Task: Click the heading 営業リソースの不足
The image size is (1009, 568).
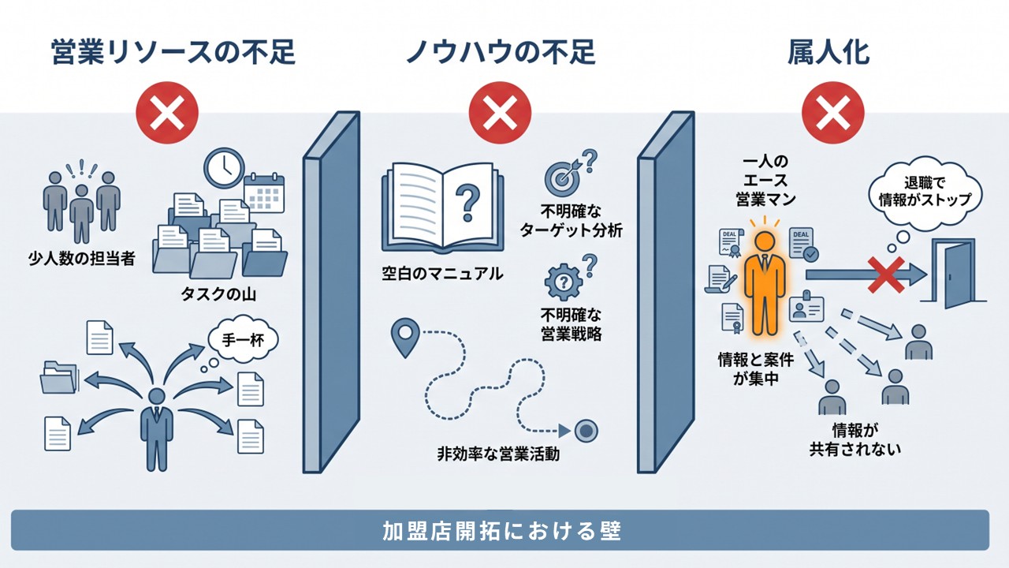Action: (x=173, y=52)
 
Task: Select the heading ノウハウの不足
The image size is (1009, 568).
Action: (x=501, y=52)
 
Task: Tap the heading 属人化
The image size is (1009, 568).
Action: (x=828, y=52)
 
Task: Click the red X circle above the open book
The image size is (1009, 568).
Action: (x=500, y=113)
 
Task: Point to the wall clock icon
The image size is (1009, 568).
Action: (x=225, y=168)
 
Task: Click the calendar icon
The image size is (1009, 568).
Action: (x=264, y=193)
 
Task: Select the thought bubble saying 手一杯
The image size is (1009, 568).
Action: (x=244, y=339)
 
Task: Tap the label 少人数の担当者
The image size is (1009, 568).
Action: (x=81, y=258)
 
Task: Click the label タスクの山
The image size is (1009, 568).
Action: (x=218, y=294)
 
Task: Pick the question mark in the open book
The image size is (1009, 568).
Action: (x=467, y=204)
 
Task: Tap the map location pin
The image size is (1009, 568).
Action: (x=405, y=337)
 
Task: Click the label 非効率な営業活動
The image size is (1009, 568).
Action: (x=498, y=454)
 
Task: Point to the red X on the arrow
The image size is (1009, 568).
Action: (x=886, y=275)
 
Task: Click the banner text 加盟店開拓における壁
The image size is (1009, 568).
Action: (x=502, y=531)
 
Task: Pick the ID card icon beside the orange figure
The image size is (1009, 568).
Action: (x=806, y=308)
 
